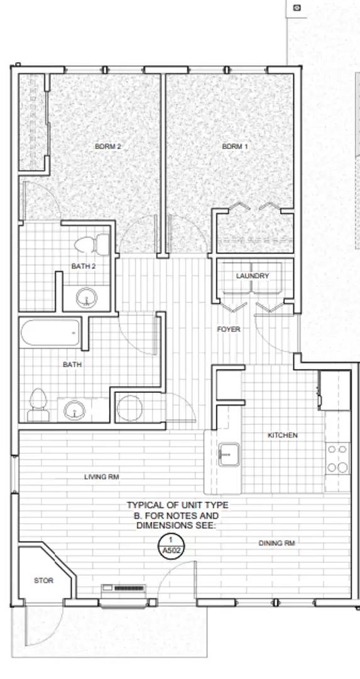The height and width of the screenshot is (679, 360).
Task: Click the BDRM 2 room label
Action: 107,146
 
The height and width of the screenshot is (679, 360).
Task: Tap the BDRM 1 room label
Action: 235,146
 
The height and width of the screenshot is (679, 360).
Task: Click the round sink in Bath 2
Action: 85,297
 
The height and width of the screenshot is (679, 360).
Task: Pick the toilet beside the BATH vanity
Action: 37,404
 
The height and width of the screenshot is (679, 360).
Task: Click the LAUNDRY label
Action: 253,276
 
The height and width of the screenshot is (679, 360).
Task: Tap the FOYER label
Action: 228,329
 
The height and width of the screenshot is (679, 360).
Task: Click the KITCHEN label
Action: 283,435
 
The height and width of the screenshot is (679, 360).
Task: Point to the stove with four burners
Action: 337,458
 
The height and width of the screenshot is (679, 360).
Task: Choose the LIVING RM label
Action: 101,477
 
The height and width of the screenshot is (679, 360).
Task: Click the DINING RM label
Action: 276,543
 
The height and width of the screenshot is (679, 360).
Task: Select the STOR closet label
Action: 43,581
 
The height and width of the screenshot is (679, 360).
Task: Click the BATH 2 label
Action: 83,267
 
